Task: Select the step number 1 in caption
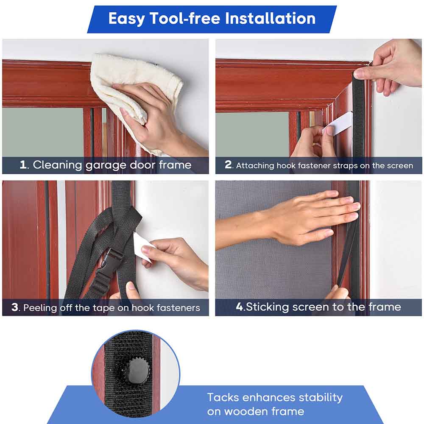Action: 23,165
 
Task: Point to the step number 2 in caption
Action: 229,165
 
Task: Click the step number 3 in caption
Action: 15,307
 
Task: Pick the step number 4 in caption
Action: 240,307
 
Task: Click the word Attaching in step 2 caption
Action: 256,166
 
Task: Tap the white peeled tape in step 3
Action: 143,246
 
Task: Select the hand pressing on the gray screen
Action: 314,216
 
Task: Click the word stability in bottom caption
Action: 321,398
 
